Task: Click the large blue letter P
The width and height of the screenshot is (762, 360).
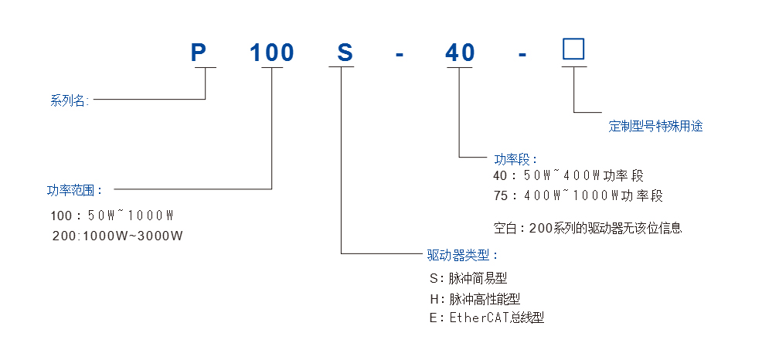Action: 199,53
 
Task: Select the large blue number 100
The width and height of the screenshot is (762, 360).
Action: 271,53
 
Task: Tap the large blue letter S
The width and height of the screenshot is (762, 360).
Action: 345,53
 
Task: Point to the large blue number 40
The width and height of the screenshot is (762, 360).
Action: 460,53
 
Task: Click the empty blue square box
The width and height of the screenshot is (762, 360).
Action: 573,49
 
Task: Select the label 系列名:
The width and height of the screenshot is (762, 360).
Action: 70,100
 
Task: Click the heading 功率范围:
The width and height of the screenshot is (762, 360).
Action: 74,188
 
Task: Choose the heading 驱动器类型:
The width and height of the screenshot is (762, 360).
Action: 463,254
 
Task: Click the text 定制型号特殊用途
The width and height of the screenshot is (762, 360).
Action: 655,126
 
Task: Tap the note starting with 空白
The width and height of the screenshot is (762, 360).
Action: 587,228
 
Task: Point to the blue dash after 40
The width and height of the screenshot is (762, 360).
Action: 523,55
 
